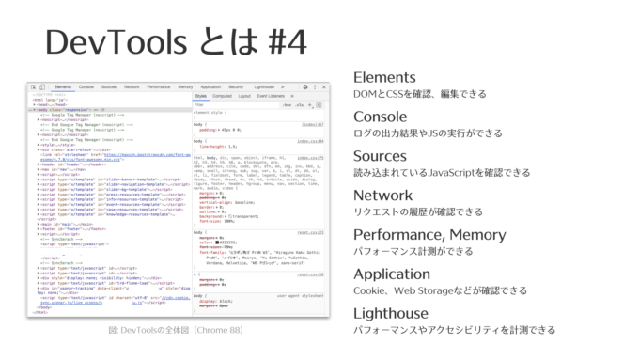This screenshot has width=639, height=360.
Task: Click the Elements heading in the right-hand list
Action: pos(384,77)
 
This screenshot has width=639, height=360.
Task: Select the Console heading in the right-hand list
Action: pos(381,117)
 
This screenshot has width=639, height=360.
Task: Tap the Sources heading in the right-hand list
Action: pos(380,156)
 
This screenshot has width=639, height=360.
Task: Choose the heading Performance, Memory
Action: pos(429,235)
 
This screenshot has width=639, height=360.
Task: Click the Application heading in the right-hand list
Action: pos(393,274)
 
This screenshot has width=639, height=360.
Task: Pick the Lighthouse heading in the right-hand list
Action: pos(390,313)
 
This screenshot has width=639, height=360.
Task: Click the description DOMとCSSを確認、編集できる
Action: pos(419,95)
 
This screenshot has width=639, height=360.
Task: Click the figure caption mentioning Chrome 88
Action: pos(176,330)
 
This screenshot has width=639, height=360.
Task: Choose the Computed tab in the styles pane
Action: pos(222,96)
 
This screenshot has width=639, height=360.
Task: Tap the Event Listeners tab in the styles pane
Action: pos(271,96)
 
